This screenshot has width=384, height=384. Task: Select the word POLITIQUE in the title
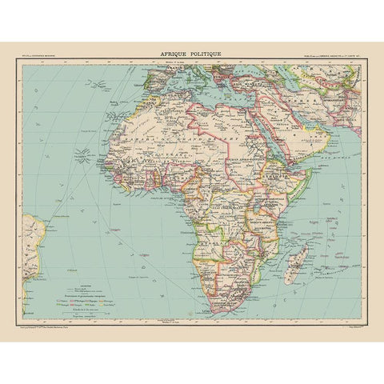tap(206, 54)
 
